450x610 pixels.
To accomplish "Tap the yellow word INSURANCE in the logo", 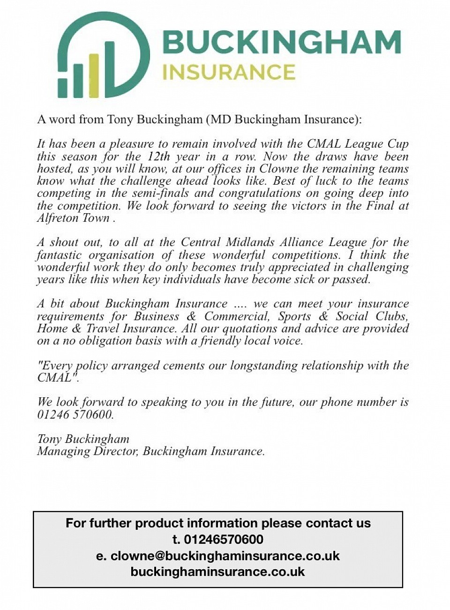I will pos(229,72).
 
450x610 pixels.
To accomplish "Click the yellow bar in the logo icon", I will pos(94,75).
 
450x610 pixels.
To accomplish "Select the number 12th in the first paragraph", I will pos(158,156).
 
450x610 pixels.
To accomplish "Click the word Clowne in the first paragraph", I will pos(277,169).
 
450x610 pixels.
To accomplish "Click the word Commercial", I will pos(237,316).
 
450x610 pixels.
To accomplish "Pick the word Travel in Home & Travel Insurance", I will pos(103,328).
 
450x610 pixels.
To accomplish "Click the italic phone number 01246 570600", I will pos(75,415).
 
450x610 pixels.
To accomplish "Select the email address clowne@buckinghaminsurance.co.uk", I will pos(225,556).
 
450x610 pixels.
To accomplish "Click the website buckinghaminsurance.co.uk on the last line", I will pos(218,572).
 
